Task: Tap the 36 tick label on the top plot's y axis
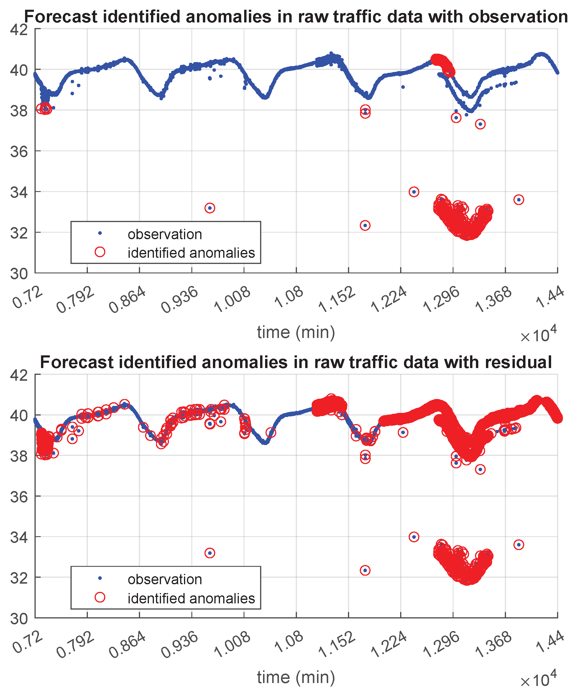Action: [19, 151]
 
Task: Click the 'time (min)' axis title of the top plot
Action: [296, 332]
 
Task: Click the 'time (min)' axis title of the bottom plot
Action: [296, 677]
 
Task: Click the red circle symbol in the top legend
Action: [100, 252]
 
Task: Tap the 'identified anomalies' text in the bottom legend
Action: [191, 598]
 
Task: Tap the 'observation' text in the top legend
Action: [165, 234]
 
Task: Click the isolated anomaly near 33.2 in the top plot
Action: [210, 208]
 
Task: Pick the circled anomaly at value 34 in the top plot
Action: [414, 192]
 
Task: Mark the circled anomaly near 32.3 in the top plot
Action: [365, 226]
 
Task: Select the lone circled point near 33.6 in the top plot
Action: [519, 200]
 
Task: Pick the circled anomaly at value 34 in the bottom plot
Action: [414, 537]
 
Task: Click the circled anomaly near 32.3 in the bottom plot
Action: [365, 570]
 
